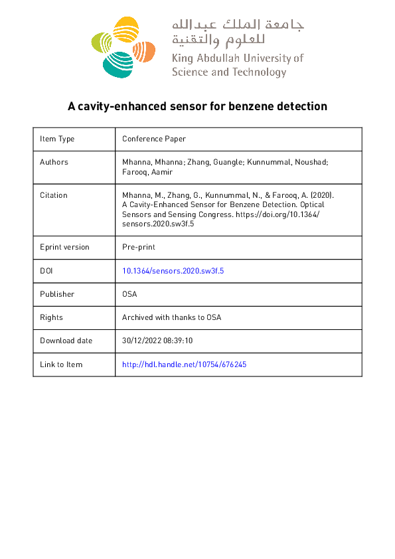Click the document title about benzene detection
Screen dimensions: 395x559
(198, 106)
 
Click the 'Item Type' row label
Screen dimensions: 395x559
(57, 139)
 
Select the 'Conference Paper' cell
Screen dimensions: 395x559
(154, 139)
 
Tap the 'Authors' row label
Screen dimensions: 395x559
(54, 162)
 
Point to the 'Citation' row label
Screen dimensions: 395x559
(54, 195)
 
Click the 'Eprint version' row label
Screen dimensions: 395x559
(64, 247)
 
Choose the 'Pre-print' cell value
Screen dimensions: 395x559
(139, 247)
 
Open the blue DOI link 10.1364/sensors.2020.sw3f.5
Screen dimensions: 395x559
(177, 271)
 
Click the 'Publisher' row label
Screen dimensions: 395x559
(57, 294)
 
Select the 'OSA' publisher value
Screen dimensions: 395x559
(130, 294)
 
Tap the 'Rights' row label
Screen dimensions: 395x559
(51, 317)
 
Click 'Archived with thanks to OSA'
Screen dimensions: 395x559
(171, 317)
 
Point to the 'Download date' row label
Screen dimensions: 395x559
(66, 341)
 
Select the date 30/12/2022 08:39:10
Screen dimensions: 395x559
(157, 341)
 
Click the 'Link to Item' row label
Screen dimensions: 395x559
(61, 364)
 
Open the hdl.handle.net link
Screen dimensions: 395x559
(185, 364)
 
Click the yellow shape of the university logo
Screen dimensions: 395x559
(125, 31)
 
